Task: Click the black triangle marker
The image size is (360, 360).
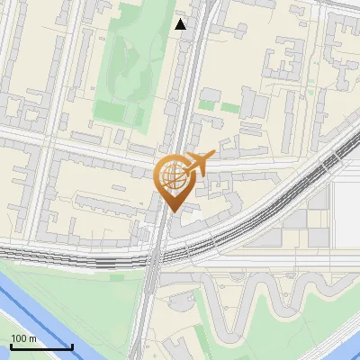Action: (x=181, y=24)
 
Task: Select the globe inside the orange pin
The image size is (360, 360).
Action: (x=171, y=175)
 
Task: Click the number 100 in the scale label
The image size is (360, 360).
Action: (x=18, y=338)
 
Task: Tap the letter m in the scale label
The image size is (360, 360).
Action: (x=33, y=338)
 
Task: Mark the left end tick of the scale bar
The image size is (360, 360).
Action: (x=11, y=346)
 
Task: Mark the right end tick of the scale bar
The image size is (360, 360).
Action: (x=72, y=346)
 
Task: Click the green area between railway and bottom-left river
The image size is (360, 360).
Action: (x=81, y=297)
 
